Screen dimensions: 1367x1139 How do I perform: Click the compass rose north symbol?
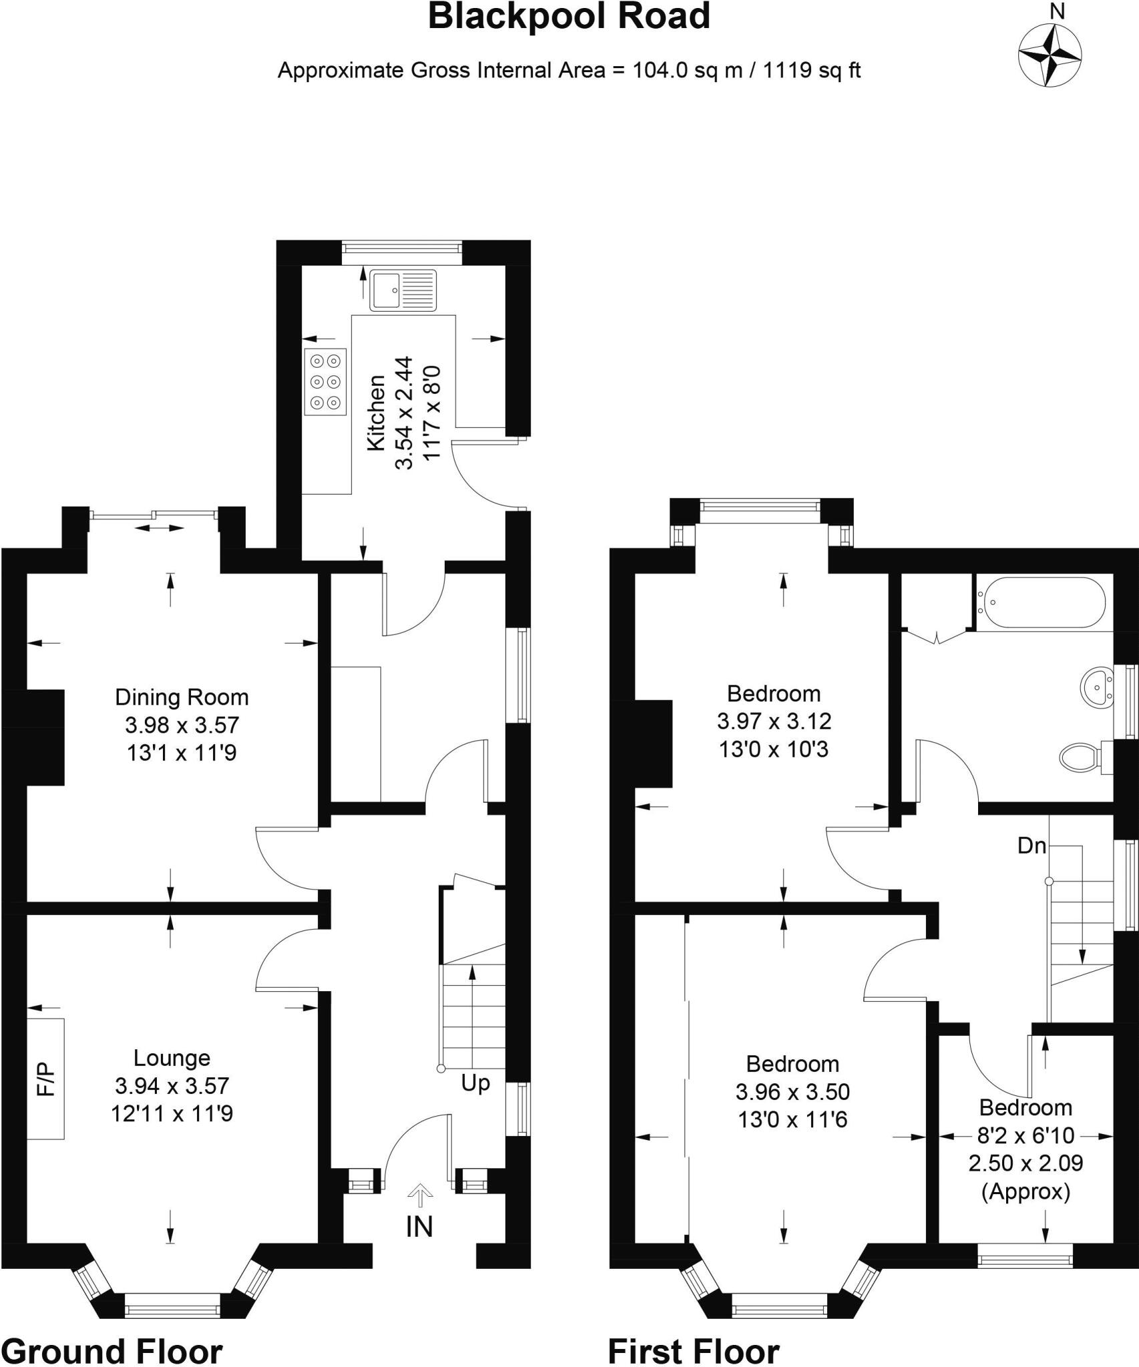[x=1050, y=55]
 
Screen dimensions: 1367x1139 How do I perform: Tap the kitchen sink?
[x=403, y=290]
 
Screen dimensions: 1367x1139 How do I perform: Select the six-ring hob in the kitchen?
[x=326, y=382]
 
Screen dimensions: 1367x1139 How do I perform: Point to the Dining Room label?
[x=182, y=697]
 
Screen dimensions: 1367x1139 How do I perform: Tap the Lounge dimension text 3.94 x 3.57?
[x=172, y=1086]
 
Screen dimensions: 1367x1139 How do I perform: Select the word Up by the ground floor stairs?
[x=475, y=1082]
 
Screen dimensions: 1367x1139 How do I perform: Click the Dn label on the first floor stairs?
[x=1031, y=846]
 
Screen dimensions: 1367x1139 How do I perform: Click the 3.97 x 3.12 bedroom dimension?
[x=774, y=721]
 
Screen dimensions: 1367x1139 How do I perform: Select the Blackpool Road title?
[x=569, y=17]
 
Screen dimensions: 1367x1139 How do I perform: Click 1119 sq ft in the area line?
[x=811, y=70]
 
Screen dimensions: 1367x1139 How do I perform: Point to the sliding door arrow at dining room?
[x=160, y=528]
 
